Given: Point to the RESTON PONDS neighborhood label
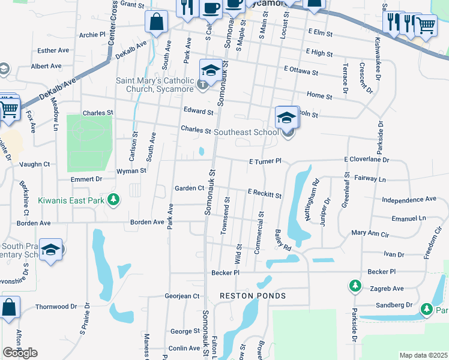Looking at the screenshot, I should (252, 296).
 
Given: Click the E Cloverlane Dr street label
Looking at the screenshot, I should (367, 160).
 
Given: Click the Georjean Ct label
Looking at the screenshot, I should (182, 296).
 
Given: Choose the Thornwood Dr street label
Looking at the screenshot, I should (56, 306).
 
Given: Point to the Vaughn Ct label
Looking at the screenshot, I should (34, 164).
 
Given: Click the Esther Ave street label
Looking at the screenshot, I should (53, 51).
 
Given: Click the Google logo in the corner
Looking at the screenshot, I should (20, 353).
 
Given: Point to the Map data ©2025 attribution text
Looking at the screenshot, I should (423, 355).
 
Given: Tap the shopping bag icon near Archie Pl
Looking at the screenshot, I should (156, 23).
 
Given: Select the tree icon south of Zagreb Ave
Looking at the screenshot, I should (426, 309).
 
